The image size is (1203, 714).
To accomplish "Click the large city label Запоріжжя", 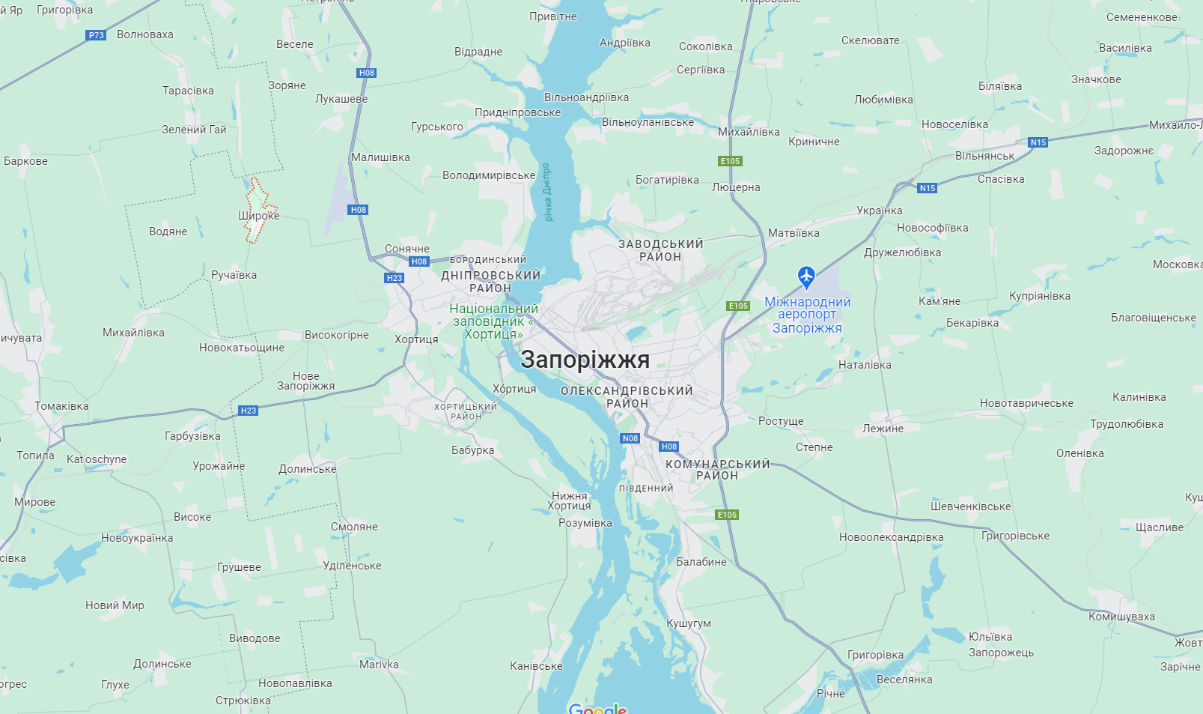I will click(x=585, y=360).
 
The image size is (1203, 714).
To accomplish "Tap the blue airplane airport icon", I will click(x=806, y=276).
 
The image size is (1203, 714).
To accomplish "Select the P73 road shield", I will click(x=97, y=35).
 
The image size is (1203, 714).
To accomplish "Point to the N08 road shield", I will click(x=630, y=438).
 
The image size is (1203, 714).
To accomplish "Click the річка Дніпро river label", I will click(x=547, y=192).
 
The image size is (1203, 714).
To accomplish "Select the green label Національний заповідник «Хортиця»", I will click(x=493, y=321).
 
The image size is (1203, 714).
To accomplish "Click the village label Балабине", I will click(x=701, y=562).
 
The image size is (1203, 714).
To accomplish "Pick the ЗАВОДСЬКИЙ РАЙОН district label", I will click(x=660, y=250).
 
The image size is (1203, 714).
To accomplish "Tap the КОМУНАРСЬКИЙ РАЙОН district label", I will click(x=717, y=470).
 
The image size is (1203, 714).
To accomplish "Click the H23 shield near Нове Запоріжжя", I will click(x=248, y=411).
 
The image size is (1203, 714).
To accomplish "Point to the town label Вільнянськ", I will click(x=984, y=156).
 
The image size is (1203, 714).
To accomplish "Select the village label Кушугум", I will click(x=689, y=623).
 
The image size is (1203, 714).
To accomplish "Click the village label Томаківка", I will click(x=61, y=406).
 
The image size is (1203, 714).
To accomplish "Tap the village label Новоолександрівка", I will click(x=891, y=537).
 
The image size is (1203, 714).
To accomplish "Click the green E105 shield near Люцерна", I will click(x=730, y=161).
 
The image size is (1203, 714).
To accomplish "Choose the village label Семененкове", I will click(x=1142, y=17).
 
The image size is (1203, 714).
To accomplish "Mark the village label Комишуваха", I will click(x=1121, y=617).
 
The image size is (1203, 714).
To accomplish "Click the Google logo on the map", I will click(x=597, y=708).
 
